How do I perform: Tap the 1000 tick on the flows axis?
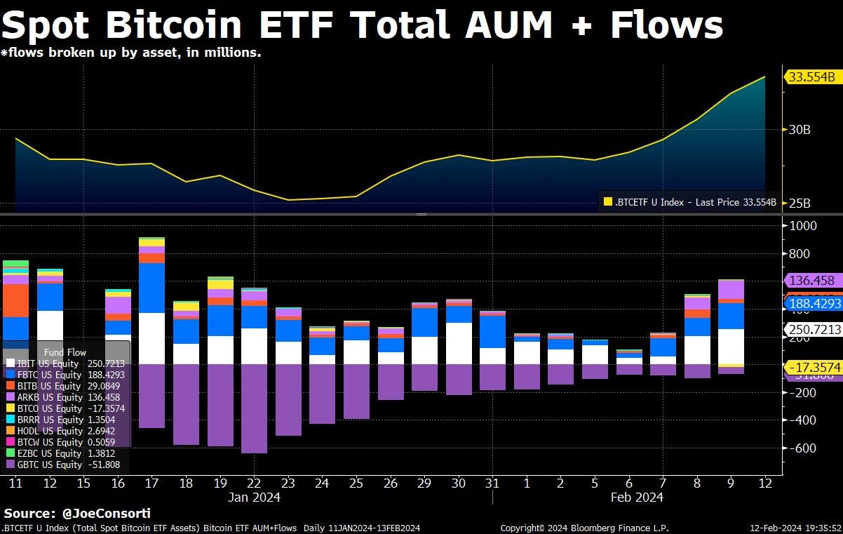(803, 226)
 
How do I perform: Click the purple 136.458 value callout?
(812, 281)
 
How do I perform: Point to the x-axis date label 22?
(254, 483)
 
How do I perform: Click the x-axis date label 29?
(424, 483)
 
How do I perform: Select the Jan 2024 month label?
(254, 498)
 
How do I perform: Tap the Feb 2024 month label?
(636, 498)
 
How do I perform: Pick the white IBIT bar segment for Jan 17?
(152, 338)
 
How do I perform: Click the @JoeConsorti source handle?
(104, 514)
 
